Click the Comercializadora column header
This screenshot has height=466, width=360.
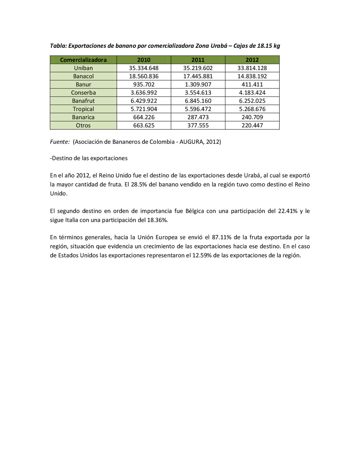click(83, 60)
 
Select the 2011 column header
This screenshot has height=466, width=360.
click(198, 60)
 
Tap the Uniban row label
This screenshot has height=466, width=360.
click(83, 68)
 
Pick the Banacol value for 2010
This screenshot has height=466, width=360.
click(144, 76)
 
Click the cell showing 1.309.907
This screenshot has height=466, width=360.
click(198, 84)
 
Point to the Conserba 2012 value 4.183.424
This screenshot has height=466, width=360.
click(252, 93)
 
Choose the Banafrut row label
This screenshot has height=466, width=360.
click(83, 101)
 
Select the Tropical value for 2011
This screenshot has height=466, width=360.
click(198, 109)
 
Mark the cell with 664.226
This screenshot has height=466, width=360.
click(144, 117)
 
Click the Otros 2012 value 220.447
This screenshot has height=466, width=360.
click(252, 126)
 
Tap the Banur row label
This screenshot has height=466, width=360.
click(83, 84)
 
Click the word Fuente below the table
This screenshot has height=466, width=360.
click(59, 142)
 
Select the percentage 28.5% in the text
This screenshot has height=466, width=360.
click(139, 184)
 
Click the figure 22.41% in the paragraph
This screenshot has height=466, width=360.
click(288, 211)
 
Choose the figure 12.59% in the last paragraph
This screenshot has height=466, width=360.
click(202, 255)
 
